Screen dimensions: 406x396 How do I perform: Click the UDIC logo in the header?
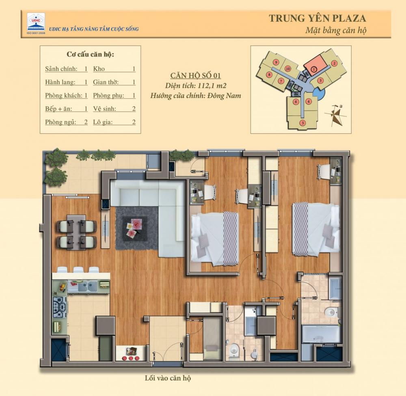click(36, 23)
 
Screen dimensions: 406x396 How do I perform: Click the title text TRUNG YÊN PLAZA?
click(317, 18)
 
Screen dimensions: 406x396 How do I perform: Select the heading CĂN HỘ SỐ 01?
click(196, 76)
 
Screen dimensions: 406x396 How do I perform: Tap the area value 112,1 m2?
click(212, 85)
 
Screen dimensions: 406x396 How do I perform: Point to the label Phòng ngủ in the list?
click(60, 122)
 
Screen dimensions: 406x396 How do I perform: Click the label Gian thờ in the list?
click(106, 82)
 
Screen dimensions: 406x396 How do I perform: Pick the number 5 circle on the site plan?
click(302, 123)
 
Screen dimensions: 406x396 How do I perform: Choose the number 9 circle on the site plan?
click(276, 62)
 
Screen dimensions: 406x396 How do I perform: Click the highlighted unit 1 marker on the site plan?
click(314, 69)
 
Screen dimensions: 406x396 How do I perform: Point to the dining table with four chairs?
click(77, 232)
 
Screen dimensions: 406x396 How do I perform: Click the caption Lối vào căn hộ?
click(168, 378)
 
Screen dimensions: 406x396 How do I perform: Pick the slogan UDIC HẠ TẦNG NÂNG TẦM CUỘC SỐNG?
click(94, 29)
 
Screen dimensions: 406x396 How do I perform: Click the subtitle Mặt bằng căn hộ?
click(336, 30)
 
